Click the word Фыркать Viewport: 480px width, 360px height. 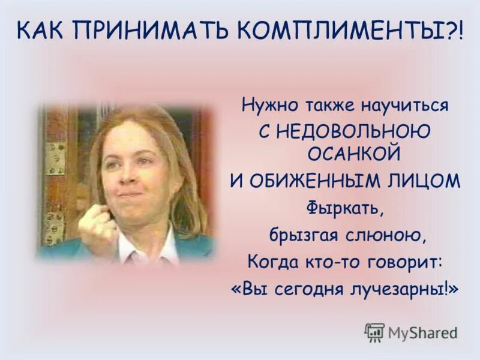[344, 208]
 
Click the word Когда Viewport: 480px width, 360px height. [269, 262]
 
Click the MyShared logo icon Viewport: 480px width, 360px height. [374, 332]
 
